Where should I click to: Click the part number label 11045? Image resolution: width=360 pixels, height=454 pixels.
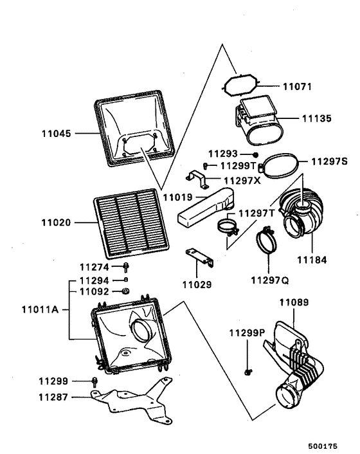click(56, 134)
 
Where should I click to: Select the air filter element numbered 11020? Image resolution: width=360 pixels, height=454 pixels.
click(131, 223)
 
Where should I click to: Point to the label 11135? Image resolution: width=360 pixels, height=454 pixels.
click(316, 118)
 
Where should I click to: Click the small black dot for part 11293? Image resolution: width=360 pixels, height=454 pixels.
click(255, 154)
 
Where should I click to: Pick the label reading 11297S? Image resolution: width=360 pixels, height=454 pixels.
click(329, 161)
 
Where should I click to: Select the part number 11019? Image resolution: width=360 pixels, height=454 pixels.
click(177, 197)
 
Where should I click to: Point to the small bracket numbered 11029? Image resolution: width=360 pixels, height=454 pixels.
click(200, 258)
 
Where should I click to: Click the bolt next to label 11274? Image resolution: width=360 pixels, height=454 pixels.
click(126, 268)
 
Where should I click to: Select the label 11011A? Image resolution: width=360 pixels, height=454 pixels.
click(40, 310)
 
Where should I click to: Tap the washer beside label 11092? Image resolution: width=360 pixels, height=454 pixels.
click(126, 291)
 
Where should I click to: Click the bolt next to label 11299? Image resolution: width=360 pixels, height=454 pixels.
click(94, 382)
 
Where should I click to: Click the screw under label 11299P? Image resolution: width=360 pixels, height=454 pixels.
click(248, 372)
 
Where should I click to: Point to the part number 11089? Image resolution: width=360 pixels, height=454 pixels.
click(294, 303)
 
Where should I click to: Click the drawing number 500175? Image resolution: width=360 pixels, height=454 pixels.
click(323, 446)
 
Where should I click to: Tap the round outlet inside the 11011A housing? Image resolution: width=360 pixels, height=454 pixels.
click(142, 329)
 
